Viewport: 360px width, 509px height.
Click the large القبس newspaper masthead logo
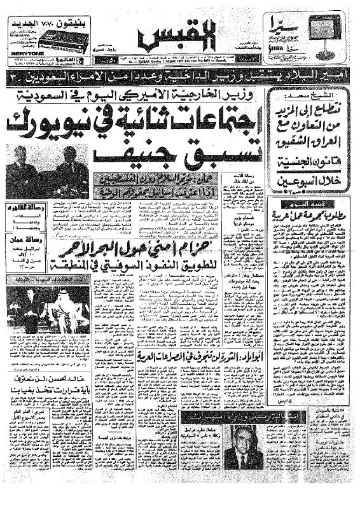coord(181,41)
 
